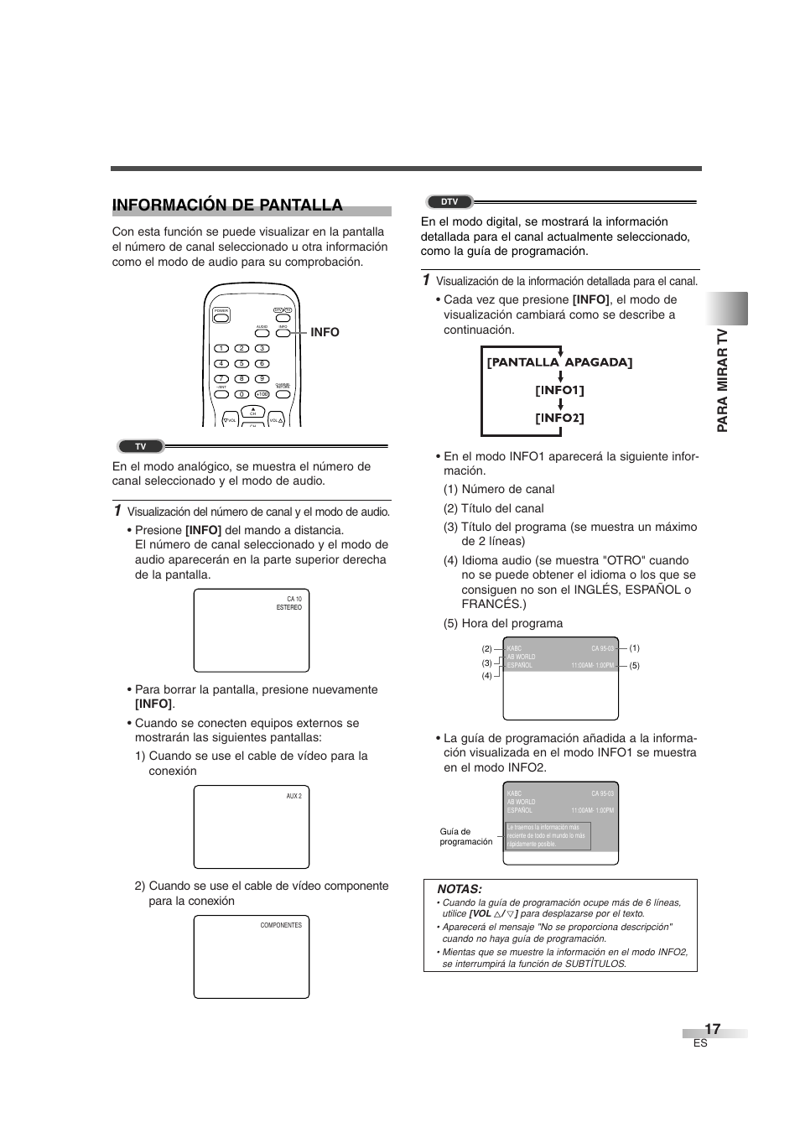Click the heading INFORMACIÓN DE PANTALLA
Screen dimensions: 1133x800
tap(227, 205)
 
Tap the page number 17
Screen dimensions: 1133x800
tap(712, 1029)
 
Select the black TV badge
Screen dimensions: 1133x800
tap(140, 447)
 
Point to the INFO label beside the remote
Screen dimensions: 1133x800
tap(325, 333)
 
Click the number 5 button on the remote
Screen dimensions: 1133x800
tap(242, 364)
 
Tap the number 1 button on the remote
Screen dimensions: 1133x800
tap(221, 349)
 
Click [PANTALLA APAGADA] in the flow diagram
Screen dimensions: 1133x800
tap(560, 362)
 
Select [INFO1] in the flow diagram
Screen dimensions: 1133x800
tap(560, 390)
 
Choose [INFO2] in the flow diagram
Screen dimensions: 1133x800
tap(560, 418)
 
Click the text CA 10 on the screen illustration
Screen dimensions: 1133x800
tap(294, 600)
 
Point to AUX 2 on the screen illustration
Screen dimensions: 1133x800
tap(294, 796)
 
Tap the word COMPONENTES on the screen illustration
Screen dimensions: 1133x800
tap(281, 925)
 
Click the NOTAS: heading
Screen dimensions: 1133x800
tap(460, 889)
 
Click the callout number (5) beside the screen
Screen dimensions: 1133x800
tap(635, 666)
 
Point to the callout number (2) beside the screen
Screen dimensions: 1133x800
tap(486, 649)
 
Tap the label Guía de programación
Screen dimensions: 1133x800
tap(465, 837)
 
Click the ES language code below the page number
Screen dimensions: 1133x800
tap(700, 1043)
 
